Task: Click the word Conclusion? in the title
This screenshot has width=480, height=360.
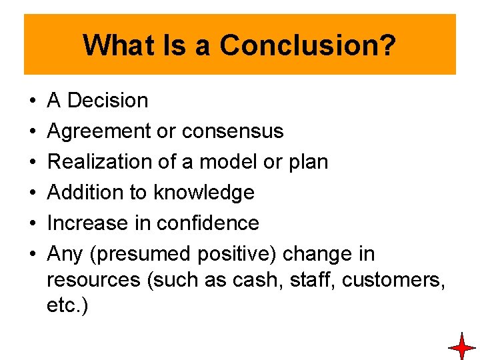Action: pyautogui.click(x=308, y=45)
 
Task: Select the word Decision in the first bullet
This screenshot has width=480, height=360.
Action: pyautogui.click(x=108, y=101)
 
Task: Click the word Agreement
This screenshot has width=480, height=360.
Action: pyautogui.click(x=99, y=131)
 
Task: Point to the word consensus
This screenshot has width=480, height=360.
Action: pyautogui.click(x=233, y=131)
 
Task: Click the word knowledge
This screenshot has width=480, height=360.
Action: pyautogui.click(x=204, y=193)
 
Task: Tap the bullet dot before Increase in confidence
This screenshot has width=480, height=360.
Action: pyautogui.click(x=33, y=223)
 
